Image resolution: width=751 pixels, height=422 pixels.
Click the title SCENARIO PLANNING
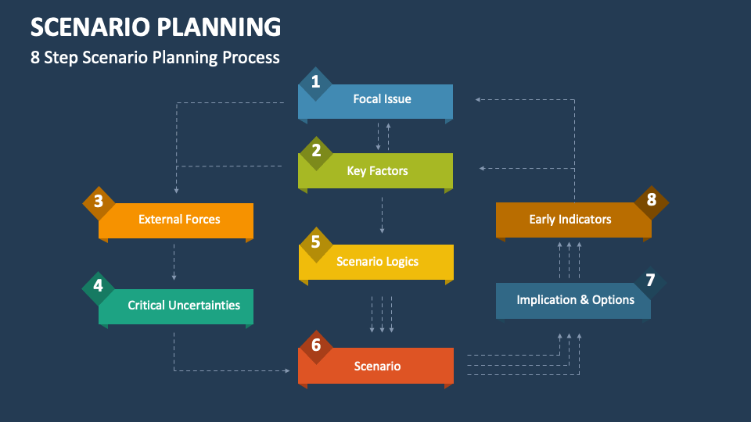pos(156,27)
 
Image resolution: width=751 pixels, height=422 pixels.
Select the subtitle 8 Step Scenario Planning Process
pos(155,58)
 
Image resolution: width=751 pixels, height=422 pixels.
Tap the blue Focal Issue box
pos(382,100)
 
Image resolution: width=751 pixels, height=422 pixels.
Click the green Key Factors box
pos(377,171)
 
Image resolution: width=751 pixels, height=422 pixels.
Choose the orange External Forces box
pos(179,220)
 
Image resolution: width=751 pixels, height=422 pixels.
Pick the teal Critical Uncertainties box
pos(183,306)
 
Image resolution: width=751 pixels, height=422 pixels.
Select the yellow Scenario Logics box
pos(377,262)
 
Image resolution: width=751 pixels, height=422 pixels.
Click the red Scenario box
pos(377,366)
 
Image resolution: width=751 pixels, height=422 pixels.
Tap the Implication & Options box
pos(575,300)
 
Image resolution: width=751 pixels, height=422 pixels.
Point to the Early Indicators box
pos(570,220)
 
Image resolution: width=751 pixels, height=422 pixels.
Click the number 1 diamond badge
pos(315,82)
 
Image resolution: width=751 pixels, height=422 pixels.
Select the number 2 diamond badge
pos(315,150)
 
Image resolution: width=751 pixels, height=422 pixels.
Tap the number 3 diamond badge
pos(99,202)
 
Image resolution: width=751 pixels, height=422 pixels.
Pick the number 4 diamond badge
pos(99,286)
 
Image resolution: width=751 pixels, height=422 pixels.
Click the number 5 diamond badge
pos(315,241)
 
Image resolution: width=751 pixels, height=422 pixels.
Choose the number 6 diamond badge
pos(315,345)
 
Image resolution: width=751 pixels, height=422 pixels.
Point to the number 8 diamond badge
pos(651,199)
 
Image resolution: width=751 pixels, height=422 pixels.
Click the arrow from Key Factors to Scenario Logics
pos(382,215)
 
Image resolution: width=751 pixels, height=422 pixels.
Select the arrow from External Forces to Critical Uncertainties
pos(174,261)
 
